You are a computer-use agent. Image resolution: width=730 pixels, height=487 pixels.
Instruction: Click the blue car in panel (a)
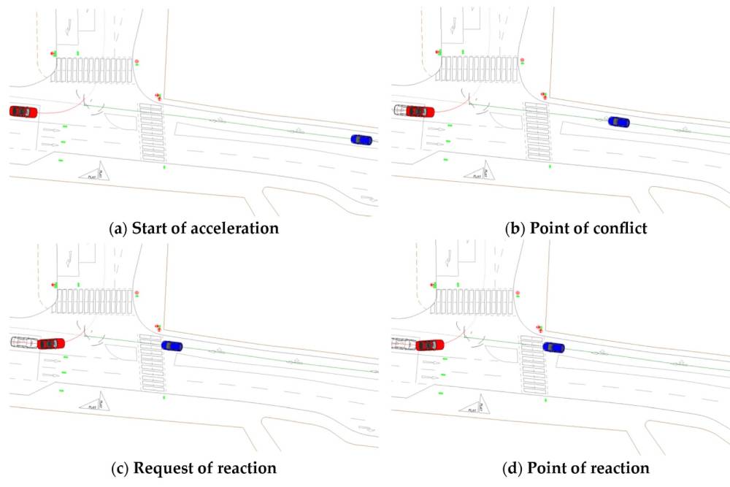[x=361, y=139]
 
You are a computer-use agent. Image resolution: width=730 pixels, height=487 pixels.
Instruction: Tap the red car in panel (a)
[x=23, y=111]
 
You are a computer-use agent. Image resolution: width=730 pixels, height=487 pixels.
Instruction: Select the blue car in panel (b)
[x=618, y=122]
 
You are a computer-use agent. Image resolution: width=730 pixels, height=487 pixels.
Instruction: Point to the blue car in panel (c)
[x=172, y=346]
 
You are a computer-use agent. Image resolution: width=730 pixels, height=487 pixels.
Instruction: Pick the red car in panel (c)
[x=51, y=342]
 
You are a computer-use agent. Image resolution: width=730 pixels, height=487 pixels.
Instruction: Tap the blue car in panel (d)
[x=554, y=347]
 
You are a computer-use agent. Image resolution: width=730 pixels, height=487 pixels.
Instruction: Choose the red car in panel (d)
[x=430, y=344]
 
